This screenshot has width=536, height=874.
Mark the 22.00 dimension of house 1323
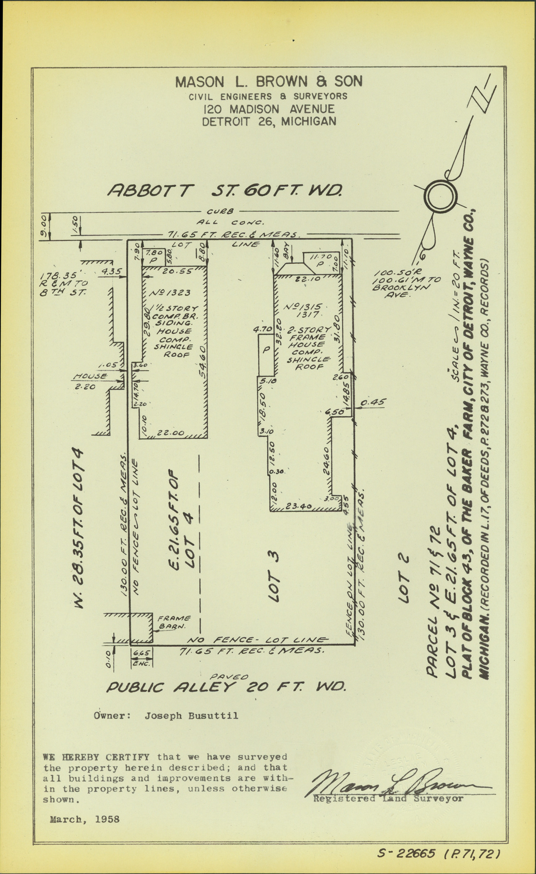(171, 433)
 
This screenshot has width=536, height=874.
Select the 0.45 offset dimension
(373, 402)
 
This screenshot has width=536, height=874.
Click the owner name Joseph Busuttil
(191, 715)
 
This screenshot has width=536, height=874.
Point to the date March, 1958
(85, 819)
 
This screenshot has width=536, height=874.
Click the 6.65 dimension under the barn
(141, 652)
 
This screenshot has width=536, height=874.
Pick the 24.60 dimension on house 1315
(326, 460)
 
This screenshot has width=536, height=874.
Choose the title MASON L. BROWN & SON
(268, 82)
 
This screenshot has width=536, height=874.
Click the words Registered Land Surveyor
(388, 799)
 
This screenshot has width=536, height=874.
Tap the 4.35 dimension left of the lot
(111, 272)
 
